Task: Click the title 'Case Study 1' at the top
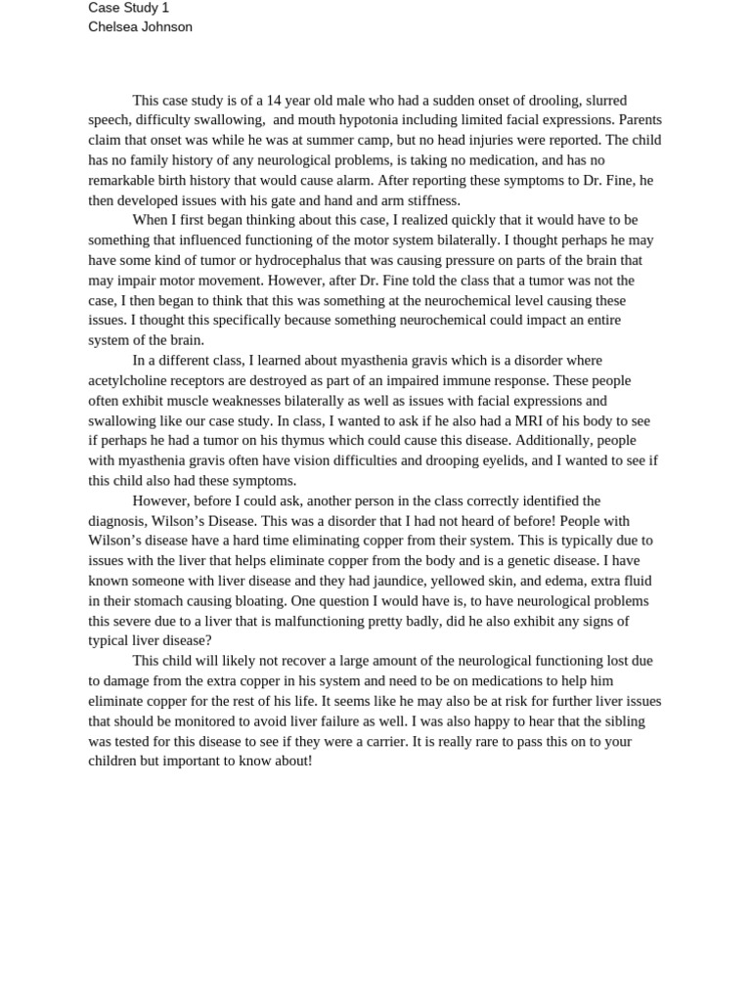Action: pos(128,8)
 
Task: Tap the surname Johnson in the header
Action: pos(167,27)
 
